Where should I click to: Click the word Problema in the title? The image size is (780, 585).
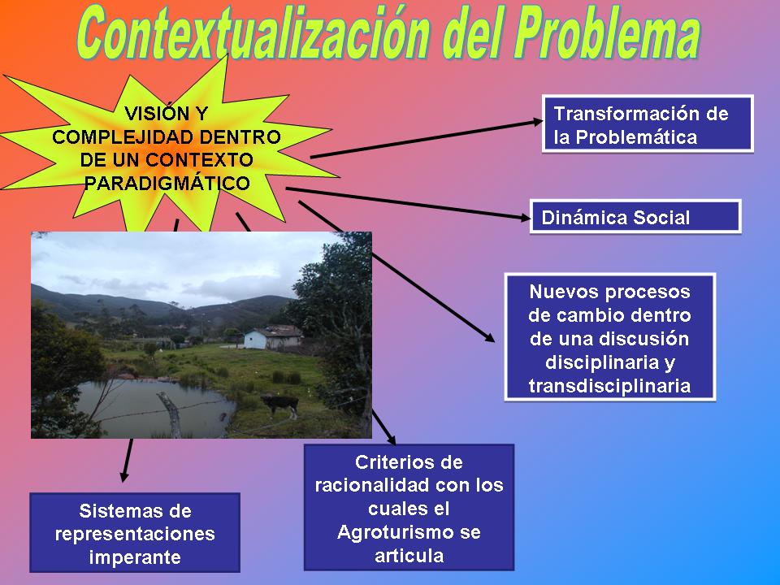606,34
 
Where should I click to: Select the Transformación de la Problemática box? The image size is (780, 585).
648,123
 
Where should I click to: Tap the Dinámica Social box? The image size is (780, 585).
635,217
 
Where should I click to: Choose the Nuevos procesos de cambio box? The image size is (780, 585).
610,336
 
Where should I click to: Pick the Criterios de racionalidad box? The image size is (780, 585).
409,507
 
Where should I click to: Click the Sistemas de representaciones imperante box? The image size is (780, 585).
135,532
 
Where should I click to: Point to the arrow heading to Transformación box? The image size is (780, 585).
427,139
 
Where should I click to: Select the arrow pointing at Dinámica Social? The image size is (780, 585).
408,203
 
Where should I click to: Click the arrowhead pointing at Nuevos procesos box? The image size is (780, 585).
488,337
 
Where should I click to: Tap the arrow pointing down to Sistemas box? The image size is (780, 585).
127,460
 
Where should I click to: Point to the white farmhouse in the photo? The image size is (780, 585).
273,338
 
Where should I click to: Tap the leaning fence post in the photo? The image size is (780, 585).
171,414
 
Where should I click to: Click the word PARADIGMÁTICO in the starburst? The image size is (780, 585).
167,183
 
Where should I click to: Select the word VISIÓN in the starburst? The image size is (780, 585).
152,114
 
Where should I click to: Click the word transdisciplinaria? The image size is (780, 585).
610,385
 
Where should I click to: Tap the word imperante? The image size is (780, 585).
135,557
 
